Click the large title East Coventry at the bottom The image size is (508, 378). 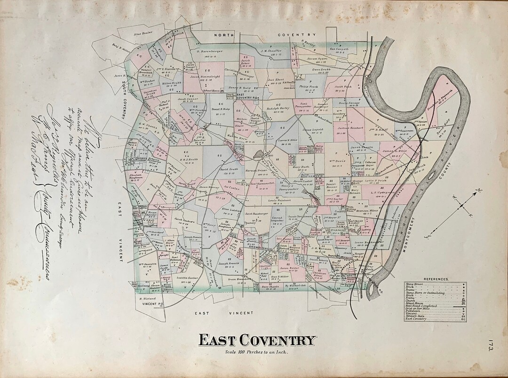coord(256,340)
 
